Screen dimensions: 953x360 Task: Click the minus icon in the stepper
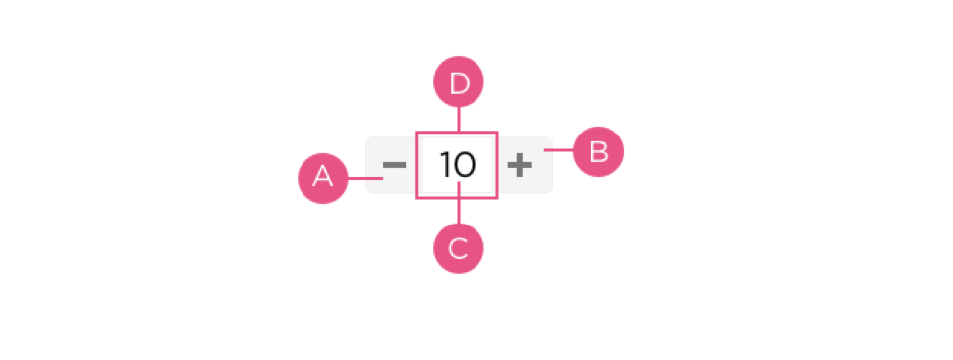[393, 165]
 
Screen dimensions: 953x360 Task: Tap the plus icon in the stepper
[520, 165]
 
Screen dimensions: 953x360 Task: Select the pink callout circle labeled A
[322, 178]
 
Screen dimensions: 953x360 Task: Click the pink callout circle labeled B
[599, 151]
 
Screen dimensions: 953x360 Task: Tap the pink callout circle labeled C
[459, 248]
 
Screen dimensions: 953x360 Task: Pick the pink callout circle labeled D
[459, 81]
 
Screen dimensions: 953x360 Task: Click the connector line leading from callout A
[365, 178]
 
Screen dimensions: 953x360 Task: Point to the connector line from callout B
[560, 150]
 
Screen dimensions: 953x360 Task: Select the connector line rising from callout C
[459, 203]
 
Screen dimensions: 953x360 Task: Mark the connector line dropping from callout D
[459, 119]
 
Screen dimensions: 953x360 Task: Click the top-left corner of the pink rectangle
[417, 132]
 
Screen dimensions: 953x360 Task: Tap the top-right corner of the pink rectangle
[497, 132]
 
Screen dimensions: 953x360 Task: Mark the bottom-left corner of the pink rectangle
[417, 198]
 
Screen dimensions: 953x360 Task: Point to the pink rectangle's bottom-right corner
[497, 198]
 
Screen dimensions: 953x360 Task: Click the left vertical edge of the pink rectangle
[417, 165]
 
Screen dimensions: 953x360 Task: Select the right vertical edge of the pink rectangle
[497, 165]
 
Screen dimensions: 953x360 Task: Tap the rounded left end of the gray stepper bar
[367, 165]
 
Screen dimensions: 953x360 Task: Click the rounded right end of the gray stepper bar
[551, 165]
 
